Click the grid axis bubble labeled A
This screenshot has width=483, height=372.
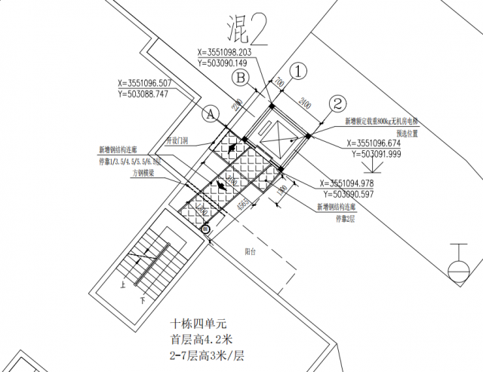211,113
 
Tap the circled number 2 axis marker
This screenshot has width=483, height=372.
338,103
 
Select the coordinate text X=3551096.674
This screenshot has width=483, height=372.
383,143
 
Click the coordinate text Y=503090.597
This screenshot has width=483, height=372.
357,194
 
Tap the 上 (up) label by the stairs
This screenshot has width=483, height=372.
122,286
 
